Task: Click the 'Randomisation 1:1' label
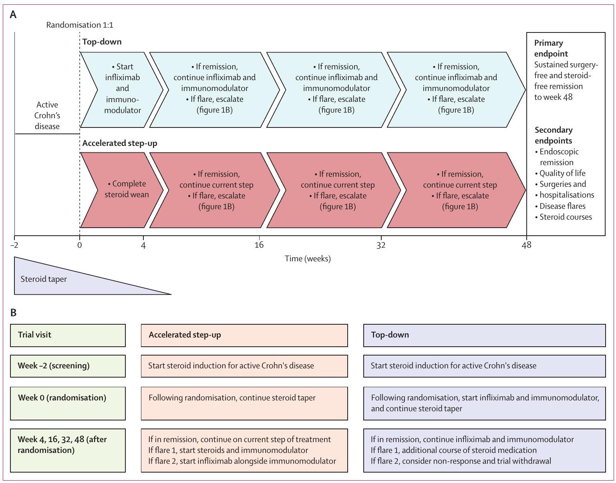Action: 80,25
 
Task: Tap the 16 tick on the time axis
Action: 259,245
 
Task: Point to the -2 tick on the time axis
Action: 15,245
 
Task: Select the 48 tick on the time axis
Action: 526,245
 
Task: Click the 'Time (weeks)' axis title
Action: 308,259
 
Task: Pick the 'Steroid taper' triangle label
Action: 44,279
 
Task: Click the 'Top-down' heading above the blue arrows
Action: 102,42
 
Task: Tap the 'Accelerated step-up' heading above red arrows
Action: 120,143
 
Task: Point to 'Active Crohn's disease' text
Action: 47,115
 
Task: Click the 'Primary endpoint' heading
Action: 551,48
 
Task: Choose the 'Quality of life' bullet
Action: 562,173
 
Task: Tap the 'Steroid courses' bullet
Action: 565,217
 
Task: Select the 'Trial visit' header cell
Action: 34,335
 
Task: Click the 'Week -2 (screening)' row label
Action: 54,366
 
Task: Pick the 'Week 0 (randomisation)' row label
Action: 62,398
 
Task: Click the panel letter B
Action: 13,313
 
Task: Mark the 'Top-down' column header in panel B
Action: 390,335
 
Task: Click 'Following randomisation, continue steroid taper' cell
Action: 232,398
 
